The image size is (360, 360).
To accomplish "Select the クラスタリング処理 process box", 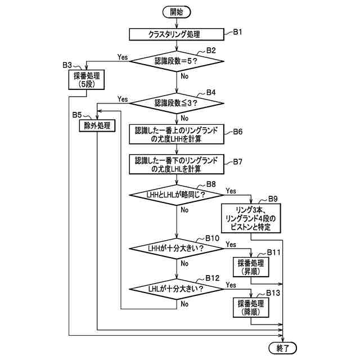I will coord(176,34).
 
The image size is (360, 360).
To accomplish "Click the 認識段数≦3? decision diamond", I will coord(176,103).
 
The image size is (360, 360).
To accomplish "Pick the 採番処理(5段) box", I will coord(86,79).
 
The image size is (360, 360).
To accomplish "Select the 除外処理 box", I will coord(97,126).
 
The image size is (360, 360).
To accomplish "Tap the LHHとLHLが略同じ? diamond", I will coord(176,195).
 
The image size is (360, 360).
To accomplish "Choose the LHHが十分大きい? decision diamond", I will coord(176,248).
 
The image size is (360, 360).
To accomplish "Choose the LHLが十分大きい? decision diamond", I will coord(176,289).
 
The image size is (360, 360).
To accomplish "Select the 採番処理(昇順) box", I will coord(251,267).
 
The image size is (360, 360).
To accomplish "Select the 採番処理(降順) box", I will coord(251,307).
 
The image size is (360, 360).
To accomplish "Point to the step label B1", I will coord(238,32).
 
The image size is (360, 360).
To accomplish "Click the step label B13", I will coord(274,293).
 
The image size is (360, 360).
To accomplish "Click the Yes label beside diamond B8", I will coord(231,191).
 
